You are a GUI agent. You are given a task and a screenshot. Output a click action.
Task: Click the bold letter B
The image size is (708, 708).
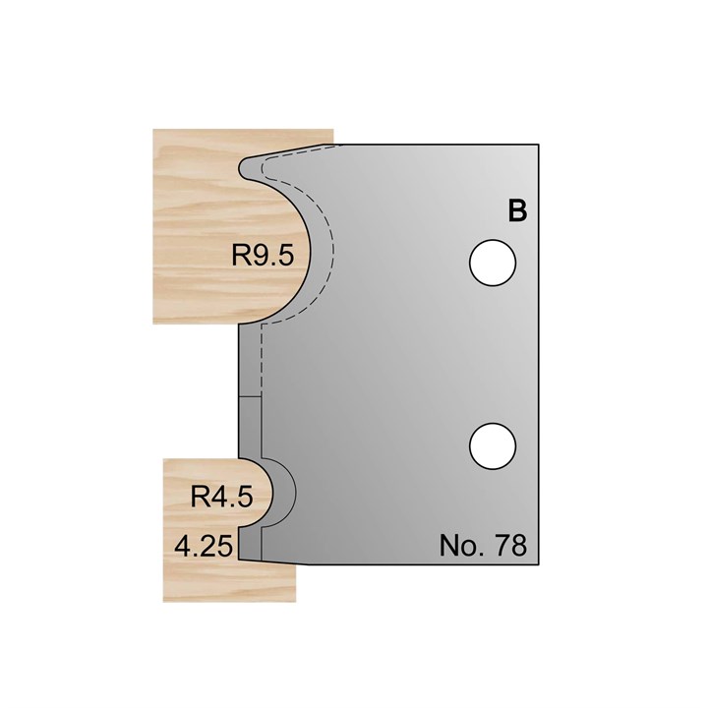pos(517,211)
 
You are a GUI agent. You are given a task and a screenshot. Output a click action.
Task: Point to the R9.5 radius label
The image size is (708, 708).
pos(263,258)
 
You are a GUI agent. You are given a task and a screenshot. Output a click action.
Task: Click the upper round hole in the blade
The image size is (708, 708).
pos(493,264)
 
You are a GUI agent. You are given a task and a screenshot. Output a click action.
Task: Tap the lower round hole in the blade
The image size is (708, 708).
pos(493,447)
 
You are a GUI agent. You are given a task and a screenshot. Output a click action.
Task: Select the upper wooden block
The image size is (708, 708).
pos(197,197)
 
